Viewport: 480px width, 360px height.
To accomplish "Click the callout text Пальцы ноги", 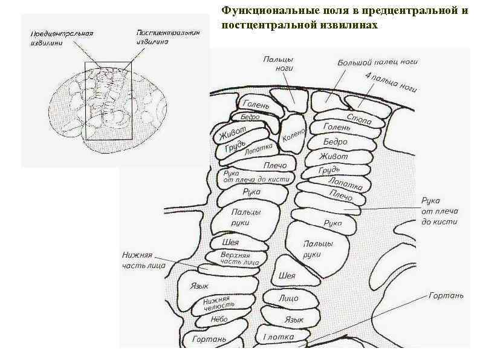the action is [279, 63].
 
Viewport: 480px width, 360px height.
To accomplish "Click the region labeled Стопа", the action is [359, 118].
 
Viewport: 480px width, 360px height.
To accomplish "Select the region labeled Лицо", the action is [288, 298].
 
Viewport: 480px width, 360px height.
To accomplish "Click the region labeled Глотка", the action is [279, 336].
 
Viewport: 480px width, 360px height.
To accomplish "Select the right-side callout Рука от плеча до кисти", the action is [439, 211].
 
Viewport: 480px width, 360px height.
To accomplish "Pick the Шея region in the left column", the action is [230, 242].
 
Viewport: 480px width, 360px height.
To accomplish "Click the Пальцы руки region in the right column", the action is [317, 248].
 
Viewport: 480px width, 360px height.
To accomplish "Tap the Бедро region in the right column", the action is [336, 142].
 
